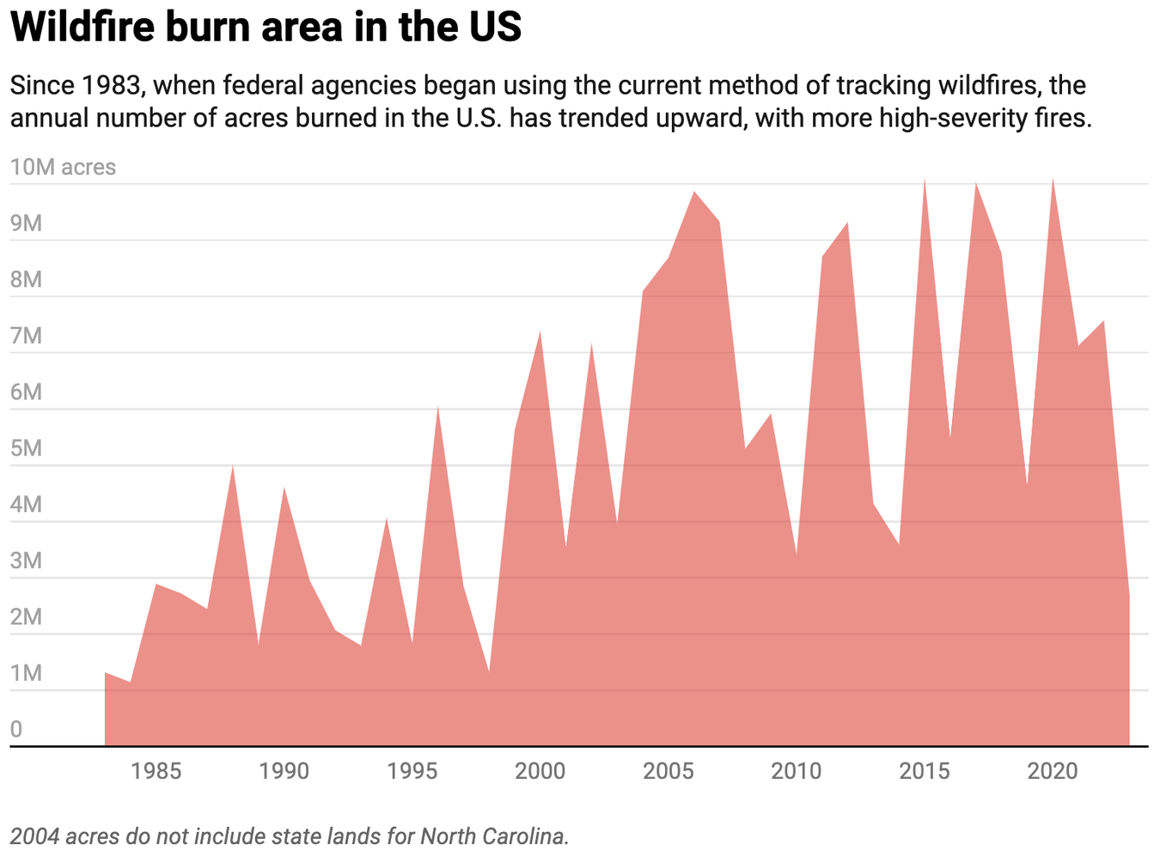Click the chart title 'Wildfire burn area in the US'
(266, 28)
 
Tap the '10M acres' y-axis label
(63, 167)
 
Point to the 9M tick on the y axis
(26, 223)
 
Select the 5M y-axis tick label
(26, 449)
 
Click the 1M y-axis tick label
(26, 673)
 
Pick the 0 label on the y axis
(16, 730)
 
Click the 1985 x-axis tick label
(156, 771)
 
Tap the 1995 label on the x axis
(412, 771)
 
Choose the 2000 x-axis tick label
(540, 771)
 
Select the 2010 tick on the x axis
(797, 771)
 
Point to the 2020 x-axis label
(1053, 771)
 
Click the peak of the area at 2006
(694, 193)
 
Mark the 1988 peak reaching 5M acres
(233, 466)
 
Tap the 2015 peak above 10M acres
(925, 180)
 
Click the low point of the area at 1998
(489, 671)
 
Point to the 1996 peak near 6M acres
(437, 407)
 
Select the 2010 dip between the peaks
(797, 554)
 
